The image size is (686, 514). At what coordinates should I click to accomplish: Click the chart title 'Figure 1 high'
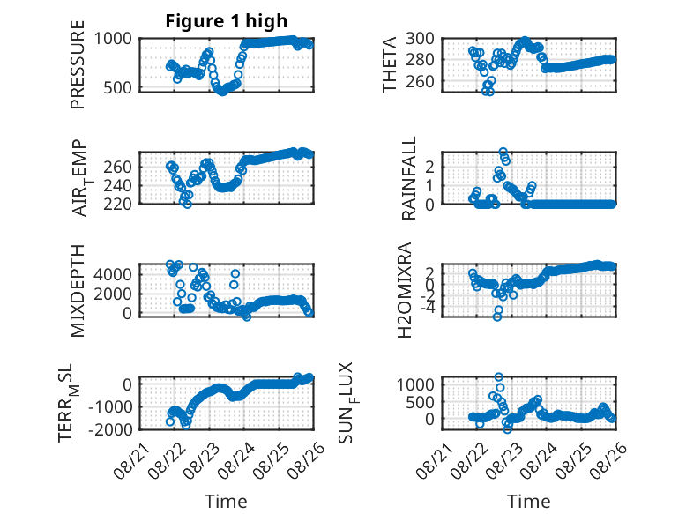point(227,20)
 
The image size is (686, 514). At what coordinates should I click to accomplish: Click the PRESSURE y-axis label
point(77,64)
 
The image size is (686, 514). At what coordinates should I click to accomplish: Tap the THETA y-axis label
point(389,64)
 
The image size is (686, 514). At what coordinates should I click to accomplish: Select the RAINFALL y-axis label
point(407,178)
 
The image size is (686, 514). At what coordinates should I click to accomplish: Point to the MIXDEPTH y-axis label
point(77,291)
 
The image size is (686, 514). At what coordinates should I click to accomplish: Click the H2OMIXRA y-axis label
point(404,290)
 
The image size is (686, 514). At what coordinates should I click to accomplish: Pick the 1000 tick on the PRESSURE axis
point(113,39)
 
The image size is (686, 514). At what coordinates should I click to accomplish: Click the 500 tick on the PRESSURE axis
point(117,87)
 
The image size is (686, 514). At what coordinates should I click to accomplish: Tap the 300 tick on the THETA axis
point(420,39)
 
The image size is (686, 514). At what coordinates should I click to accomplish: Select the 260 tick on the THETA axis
point(420,81)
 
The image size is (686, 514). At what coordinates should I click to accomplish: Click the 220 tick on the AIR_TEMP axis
point(117,204)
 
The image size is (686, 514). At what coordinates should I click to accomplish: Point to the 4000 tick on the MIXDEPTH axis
point(113,275)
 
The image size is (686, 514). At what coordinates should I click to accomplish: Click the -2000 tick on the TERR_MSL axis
point(110,429)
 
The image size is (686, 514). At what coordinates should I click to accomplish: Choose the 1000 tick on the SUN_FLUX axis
point(415,384)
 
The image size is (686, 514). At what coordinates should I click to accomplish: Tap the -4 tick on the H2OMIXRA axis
point(427,308)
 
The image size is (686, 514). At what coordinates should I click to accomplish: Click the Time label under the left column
point(226,502)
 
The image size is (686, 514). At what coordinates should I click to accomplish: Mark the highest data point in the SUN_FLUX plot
point(498,376)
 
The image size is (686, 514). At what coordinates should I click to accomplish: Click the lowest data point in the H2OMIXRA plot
point(497,317)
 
